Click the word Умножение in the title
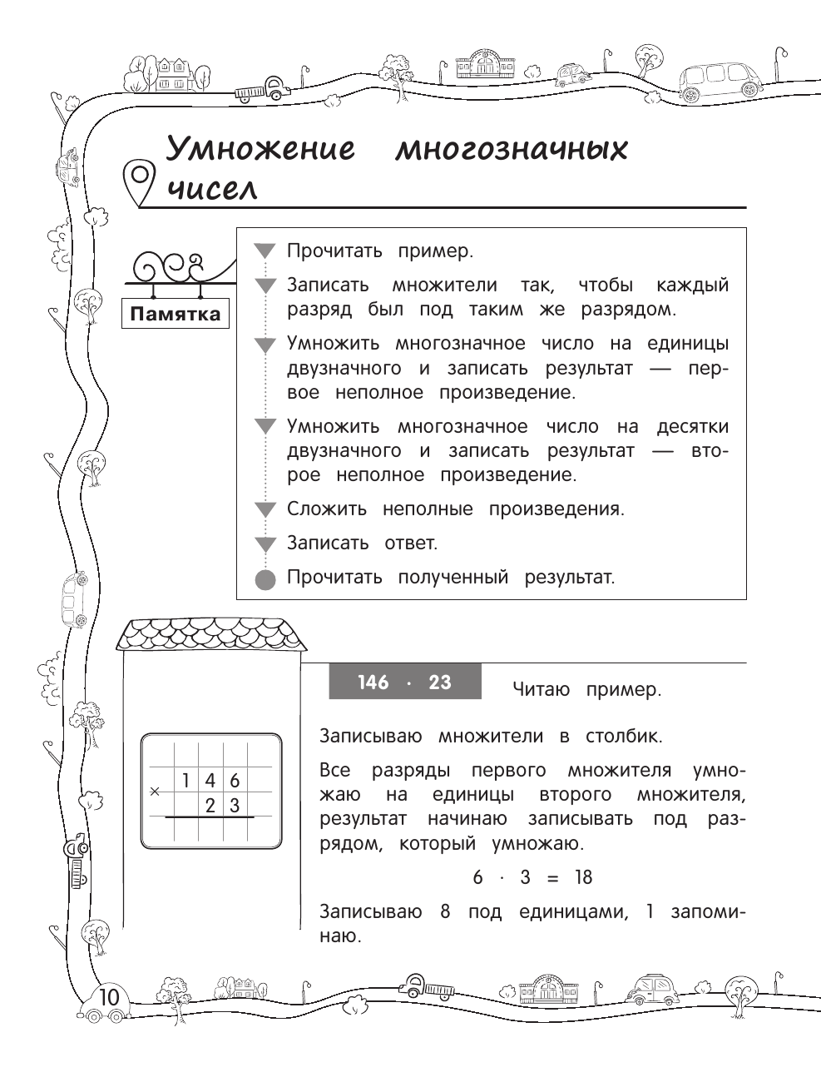click(260, 150)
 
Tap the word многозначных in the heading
click(511, 150)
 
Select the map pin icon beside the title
click(139, 181)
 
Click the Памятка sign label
click(176, 314)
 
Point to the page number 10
click(109, 997)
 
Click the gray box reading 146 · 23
click(404, 682)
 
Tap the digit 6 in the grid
click(235, 781)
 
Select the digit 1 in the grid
click(186, 781)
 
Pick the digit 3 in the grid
click(235, 805)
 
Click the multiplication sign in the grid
click(155, 792)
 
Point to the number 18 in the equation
click(582, 878)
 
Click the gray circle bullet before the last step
click(265, 578)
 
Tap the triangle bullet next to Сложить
click(265, 510)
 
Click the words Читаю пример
click(586, 690)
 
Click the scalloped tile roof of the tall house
click(211, 634)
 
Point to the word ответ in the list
click(410, 543)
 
